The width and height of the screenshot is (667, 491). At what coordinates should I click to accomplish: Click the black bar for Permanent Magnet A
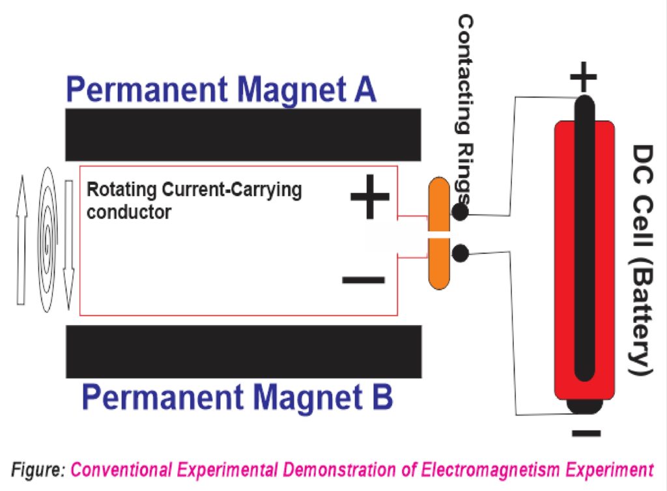pyautogui.click(x=243, y=135)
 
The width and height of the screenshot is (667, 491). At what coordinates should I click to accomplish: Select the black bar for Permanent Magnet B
pyautogui.click(x=243, y=352)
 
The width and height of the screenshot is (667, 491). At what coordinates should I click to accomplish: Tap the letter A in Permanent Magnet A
pyautogui.click(x=363, y=89)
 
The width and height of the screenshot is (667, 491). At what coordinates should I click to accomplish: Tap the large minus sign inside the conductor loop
pyautogui.click(x=363, y=280)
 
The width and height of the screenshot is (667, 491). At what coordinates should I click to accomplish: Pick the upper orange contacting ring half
pyautogui.click(x=439, y=204)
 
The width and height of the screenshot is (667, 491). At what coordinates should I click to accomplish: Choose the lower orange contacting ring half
pyautogui.click(x=439, y=263)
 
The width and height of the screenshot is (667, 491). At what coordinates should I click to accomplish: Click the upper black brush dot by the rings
pyautogui.click(x=460, y=212)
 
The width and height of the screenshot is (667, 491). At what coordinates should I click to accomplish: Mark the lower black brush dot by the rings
pyautogui.click(x=460, y=253)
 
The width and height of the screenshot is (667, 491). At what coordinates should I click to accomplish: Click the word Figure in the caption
pyautogui.click(x=39, y=469)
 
